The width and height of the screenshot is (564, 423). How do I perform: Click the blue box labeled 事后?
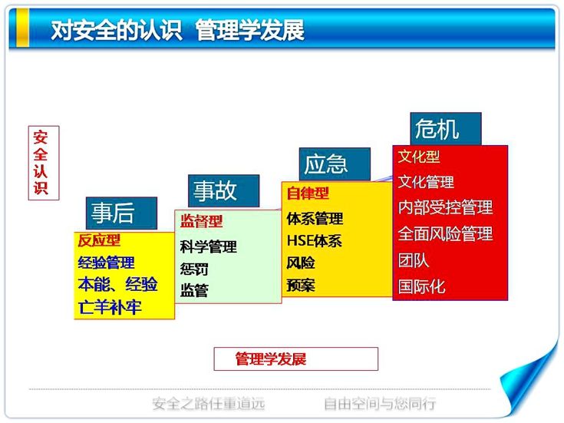pos(121,213)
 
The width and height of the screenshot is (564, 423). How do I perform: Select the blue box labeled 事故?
pos(223,191)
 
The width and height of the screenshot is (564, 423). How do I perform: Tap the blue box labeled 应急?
pos(335,164)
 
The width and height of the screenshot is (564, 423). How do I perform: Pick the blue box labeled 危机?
pos(446,129)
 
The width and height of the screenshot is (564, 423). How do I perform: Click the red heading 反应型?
pos(99,240)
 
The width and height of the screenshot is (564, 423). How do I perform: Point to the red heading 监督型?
pos(201,221)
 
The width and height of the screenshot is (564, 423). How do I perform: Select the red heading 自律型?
pos(308,193)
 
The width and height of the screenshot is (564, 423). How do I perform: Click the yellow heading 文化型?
pos(419,157)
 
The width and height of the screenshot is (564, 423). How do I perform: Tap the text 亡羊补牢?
pos(109,307)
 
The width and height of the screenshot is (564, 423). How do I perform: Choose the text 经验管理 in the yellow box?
pos(106,263)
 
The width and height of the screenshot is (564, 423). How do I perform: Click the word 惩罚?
pos(194,269)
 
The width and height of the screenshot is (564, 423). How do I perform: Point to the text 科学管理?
pos(208,247)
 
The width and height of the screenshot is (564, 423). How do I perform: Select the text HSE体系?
pos(314,241)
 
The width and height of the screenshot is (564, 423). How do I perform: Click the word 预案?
pos(301,286)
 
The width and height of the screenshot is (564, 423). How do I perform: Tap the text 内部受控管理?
pos(445,207)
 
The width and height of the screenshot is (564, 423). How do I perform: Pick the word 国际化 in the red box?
pos(421,287)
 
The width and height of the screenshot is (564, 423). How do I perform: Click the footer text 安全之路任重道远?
pos(209,404)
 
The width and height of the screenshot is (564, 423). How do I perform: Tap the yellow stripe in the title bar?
pos(23,28)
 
